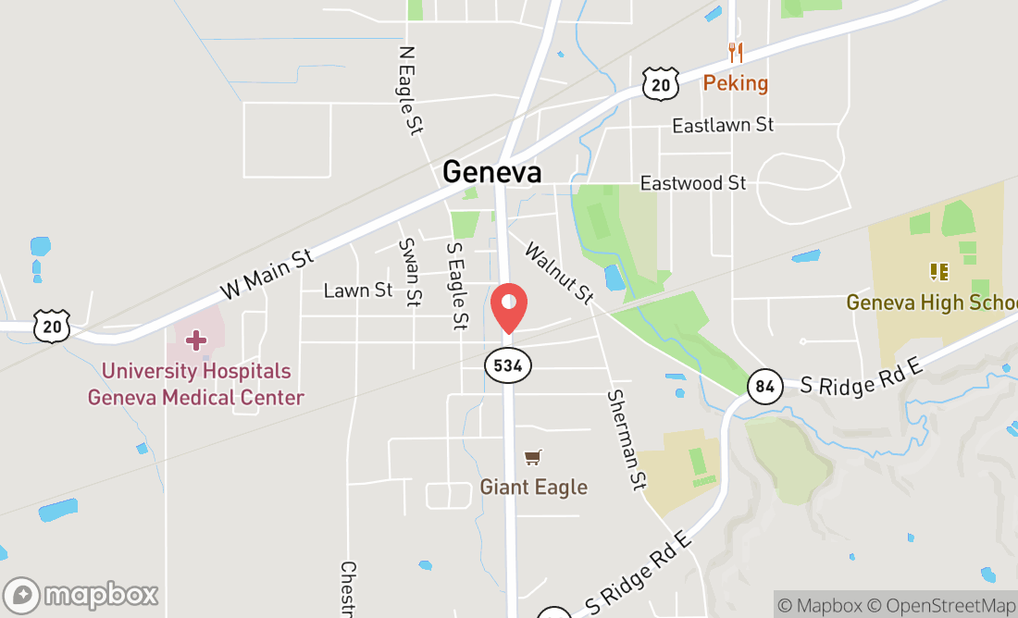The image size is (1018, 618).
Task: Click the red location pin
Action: pyautogui.click(x=508, y=308)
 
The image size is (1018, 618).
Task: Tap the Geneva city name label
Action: pyautogui.click(x=491, y=172)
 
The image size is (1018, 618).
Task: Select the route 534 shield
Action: pyautogui.click(x=508, y=365)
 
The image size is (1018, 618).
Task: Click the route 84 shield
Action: pyautogui.click(x=763, y=386)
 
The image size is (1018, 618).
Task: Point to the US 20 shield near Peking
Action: pyautogui.click(x=661, y=84)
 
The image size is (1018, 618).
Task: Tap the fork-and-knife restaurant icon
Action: pyautogui.click(x=736, y=52)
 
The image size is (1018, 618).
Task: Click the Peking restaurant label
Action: pyautogui.click(x=736, y=83)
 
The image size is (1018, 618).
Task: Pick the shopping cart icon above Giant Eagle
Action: pyautogui.click(x=532, y=457)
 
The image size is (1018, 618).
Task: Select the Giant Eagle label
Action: pyautogui.click(x=533, y=487)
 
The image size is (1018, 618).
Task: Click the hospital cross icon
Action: pyautogui.click(x=196, y=340)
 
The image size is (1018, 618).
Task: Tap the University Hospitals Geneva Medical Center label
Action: pyautogui.click(x=196, y=384)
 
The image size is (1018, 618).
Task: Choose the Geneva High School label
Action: pyautogui.click(x=931, y=303)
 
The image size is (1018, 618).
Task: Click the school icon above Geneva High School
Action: pyautogui.click(x=939, y=272)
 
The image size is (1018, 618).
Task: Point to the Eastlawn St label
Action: pyautogui.click(x=723, y=124)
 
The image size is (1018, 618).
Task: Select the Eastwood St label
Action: pyautogui.click(x=693, y=183)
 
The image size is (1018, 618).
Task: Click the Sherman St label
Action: pyautogui.click(x=627, y=439)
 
